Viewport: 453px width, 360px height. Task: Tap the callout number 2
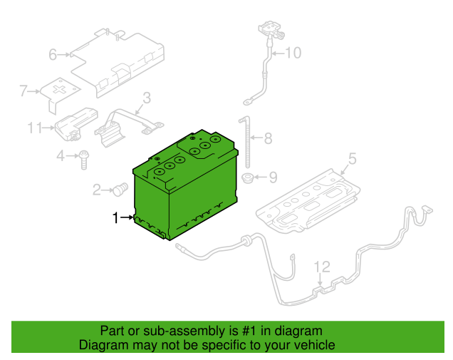[x=97, y=190]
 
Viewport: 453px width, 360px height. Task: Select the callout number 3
[x=146, y=98]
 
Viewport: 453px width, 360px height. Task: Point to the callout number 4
[x=61, y=155]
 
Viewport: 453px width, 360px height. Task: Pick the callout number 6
[x=53, y=54]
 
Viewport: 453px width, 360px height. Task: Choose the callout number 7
[x=23, y=91]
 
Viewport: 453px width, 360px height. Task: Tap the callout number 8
[x=267, y=138]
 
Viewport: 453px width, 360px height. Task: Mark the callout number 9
[x=274, y=177]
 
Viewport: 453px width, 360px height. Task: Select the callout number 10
[x=293, y=52]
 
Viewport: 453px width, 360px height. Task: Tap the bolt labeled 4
[x=84, y=158]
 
